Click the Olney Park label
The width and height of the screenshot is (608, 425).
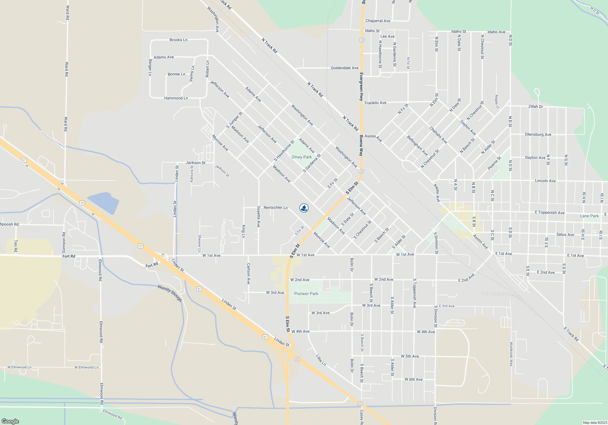(302, 157)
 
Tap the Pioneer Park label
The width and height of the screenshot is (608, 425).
(306, 294)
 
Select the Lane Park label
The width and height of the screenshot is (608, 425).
(589, 216)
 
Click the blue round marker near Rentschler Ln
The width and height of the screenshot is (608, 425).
(304, 208)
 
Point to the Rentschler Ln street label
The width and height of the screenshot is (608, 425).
(275, 207)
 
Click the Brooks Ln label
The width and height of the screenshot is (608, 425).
(178, 40)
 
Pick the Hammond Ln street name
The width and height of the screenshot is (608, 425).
(176, 98)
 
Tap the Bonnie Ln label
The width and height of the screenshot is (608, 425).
(176, 74)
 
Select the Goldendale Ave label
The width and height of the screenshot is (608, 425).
(344, 68)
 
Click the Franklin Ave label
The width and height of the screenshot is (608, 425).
(375, 103)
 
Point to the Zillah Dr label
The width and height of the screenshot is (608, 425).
(536, 107)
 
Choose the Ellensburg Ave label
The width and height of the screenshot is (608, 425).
(538, 134)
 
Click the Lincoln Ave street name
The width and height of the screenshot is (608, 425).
(545, 181)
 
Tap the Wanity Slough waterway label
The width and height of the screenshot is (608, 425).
(170, 293)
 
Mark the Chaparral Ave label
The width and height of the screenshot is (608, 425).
(378, 21)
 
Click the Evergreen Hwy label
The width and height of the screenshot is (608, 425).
(361, 87)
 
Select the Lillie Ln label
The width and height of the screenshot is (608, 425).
(321, 360)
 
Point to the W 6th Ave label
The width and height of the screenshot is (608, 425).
(413, 379)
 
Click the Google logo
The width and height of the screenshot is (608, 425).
(10, 421)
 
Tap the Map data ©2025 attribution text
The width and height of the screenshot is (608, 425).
(595, 423)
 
